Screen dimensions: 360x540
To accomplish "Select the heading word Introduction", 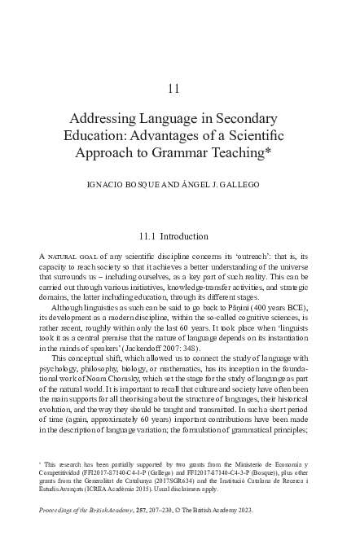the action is click(x=188, y=237).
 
